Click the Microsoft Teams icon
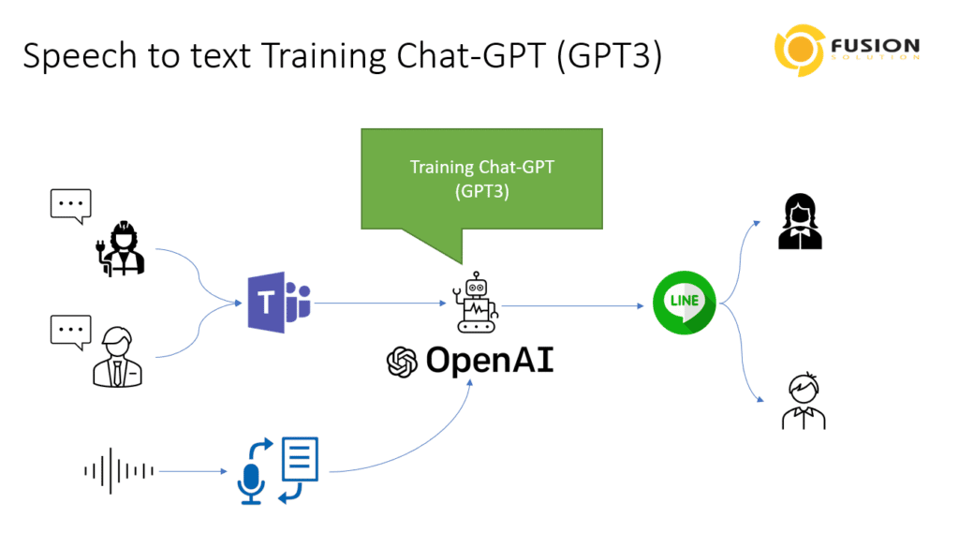coord(279,303)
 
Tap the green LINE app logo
coord(685,303)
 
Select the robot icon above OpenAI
coord(476,303)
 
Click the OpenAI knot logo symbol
coord(402,362)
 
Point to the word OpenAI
coord(490,360)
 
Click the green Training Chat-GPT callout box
coord(482,179)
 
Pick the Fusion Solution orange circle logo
coord(800,51)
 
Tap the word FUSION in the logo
coord(876,46)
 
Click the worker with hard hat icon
coord(121,248)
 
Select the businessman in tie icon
coord(117,357)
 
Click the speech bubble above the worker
coord(71,206)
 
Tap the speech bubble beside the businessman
coord(71,333)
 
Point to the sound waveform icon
coord(119,470)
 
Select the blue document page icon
coord(300,458)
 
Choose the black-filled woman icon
coord(800,221)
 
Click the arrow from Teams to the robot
coord(380,303)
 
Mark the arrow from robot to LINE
coord(573,305)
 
